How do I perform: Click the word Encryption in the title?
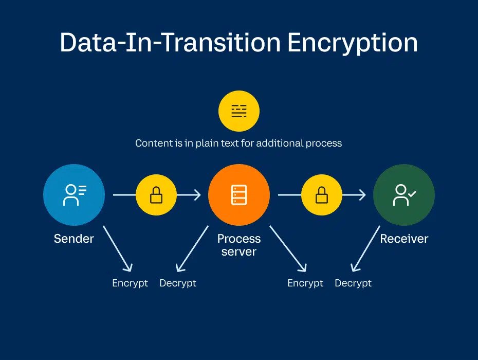352,42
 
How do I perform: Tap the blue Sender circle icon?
74,195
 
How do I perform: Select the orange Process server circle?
239,195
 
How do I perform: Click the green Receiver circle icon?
404,195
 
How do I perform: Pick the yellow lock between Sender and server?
156,195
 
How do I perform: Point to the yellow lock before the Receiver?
322,195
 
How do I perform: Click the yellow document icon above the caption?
239,111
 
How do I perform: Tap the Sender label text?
74,239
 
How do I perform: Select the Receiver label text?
404,239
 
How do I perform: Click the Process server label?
239,245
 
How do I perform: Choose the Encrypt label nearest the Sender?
130,283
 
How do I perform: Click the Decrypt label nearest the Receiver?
353,283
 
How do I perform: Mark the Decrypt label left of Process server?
178,283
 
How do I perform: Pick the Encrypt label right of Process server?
305,283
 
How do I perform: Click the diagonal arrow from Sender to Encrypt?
117,248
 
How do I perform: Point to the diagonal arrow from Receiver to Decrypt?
365,248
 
